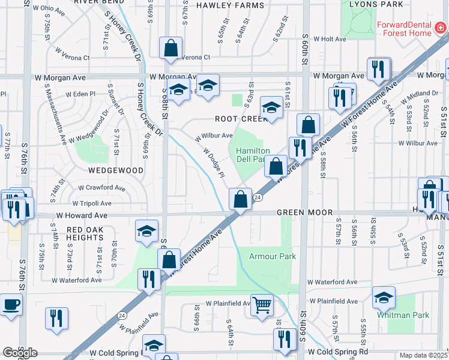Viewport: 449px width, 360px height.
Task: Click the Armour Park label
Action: (x=273, y=256)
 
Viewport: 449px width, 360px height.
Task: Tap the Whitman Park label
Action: (x=395, y=314)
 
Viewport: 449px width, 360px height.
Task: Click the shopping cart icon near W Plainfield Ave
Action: (x=262, y=305)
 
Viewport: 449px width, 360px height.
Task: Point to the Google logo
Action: (x=20, y=353)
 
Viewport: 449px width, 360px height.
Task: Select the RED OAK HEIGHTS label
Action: (x=85, y=233)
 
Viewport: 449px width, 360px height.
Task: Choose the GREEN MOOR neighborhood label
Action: (x=301, y=213)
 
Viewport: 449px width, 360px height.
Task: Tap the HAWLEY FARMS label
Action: (x=230, y=5)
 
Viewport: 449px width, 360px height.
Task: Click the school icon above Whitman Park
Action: (x=384, y=297)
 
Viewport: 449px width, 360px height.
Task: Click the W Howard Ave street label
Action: (x=82, y=215)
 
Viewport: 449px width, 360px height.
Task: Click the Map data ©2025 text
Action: (x=424, y=355)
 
